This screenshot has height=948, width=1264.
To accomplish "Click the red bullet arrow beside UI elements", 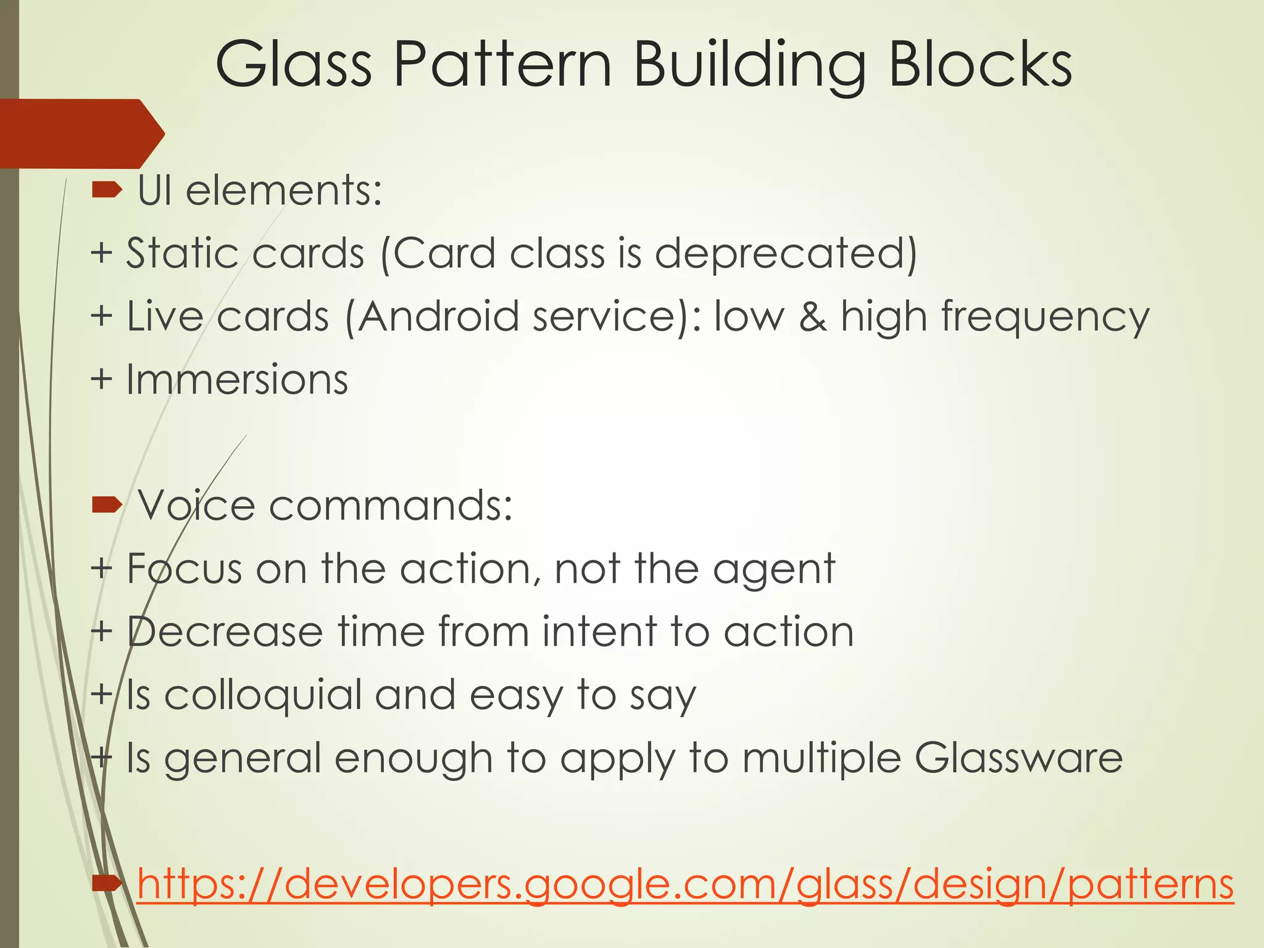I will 107,191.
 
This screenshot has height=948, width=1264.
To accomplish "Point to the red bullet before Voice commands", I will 107,506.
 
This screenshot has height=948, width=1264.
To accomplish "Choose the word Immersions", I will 237,380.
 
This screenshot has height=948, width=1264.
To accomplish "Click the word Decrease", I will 225,632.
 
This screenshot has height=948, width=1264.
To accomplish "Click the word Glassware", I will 1018,759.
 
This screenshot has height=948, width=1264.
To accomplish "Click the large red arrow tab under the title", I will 80,133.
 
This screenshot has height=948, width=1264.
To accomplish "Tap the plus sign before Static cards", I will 101,254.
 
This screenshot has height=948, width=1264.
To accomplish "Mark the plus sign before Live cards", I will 101,317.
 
